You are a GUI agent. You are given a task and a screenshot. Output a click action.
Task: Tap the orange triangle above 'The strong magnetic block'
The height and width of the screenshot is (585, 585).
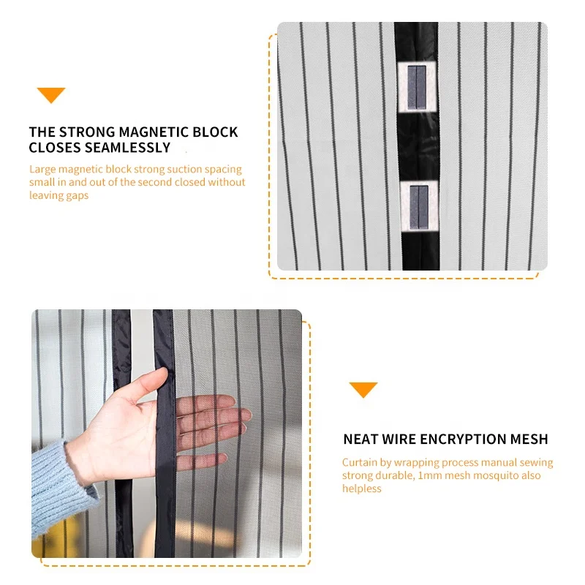[51, 94]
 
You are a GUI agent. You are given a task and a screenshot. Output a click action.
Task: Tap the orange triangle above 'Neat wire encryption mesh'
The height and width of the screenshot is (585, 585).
[363, 389]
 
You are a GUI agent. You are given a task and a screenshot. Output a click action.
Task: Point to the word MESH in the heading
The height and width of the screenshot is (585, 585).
[529, 439]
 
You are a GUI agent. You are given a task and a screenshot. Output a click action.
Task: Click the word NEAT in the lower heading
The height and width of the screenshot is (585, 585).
[361, 439]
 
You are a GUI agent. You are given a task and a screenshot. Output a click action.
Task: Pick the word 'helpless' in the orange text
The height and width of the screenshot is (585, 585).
[362, 488]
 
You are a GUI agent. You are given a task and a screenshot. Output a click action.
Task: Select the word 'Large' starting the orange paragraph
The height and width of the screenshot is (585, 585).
[42, 169]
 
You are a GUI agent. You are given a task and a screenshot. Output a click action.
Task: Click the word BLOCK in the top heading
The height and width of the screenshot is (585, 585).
[218, 132]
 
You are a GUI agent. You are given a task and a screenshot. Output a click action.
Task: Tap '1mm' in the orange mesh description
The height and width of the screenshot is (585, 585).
[429, 475]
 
